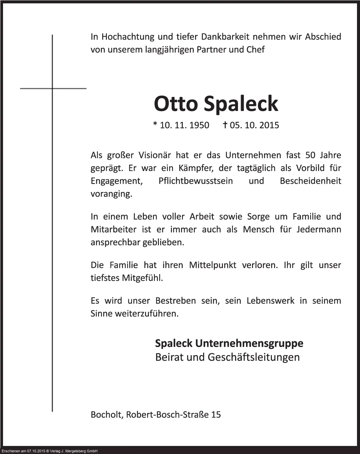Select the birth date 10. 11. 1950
pos(184,125)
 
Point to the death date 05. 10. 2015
pos(254,125)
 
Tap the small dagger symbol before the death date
pos(225,125)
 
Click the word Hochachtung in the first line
pos(128,37)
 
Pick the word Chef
pos(255,50)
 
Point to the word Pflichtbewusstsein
pos(196,181)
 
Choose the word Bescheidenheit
pos(310,181)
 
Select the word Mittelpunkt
pos(213,265)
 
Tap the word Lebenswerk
pos(271,301)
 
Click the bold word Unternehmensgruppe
pos(249,343)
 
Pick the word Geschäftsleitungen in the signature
pos(253,357)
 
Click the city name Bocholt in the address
pos(107,415)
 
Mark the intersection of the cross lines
pos(52,88)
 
